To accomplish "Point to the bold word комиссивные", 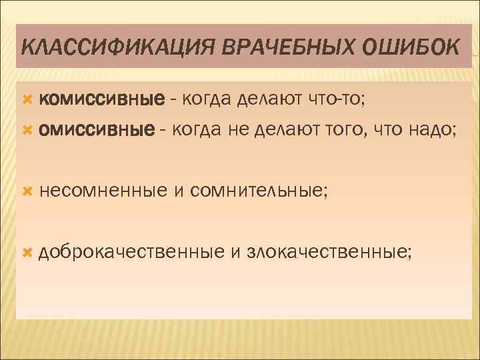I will pyautogui.click(x=101, y=100).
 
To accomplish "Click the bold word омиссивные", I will pyautogui.click(x=95, y=129).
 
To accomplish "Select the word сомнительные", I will pyautogui.click(x=259, y=192).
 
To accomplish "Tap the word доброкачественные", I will pyautogui.click(x=131, y=252).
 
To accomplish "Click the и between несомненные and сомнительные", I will pyautogui.click(x=178, y=192).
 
